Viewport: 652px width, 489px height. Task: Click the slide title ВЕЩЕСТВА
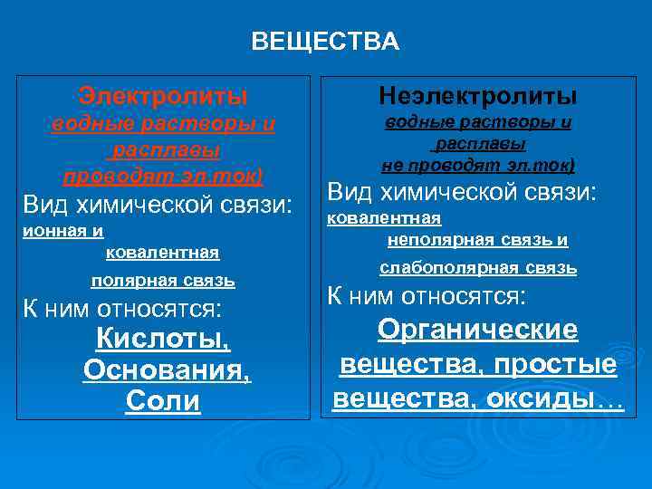click(324, 42)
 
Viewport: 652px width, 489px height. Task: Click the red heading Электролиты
click(163, 94)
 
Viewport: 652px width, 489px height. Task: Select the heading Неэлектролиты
click(478, 95)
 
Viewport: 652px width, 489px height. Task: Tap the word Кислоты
click(163, 340)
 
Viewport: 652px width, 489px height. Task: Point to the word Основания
click(167, 370)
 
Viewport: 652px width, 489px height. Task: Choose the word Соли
click(163, 401)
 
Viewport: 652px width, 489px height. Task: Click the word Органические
click(477, 330)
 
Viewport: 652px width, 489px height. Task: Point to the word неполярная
click(443, 240)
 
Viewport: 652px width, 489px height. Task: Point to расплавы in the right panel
click(479, 143)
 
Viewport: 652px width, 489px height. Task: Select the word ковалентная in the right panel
click(384, 218)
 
